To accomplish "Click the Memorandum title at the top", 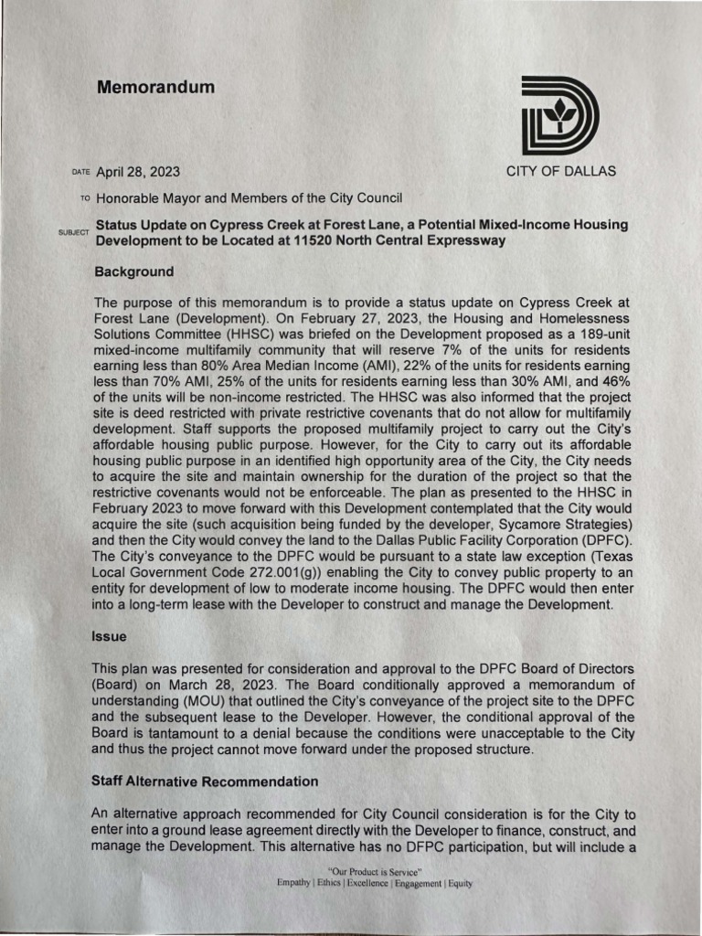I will point(155,88).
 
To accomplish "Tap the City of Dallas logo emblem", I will point(560,116).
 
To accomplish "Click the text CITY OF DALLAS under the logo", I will point(561,171).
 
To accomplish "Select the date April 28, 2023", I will point(138,172).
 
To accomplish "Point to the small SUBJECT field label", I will point(73,233).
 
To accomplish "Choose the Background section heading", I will point(134,272).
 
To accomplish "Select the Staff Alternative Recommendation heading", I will point(206,782).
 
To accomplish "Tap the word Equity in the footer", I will point(459,884).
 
